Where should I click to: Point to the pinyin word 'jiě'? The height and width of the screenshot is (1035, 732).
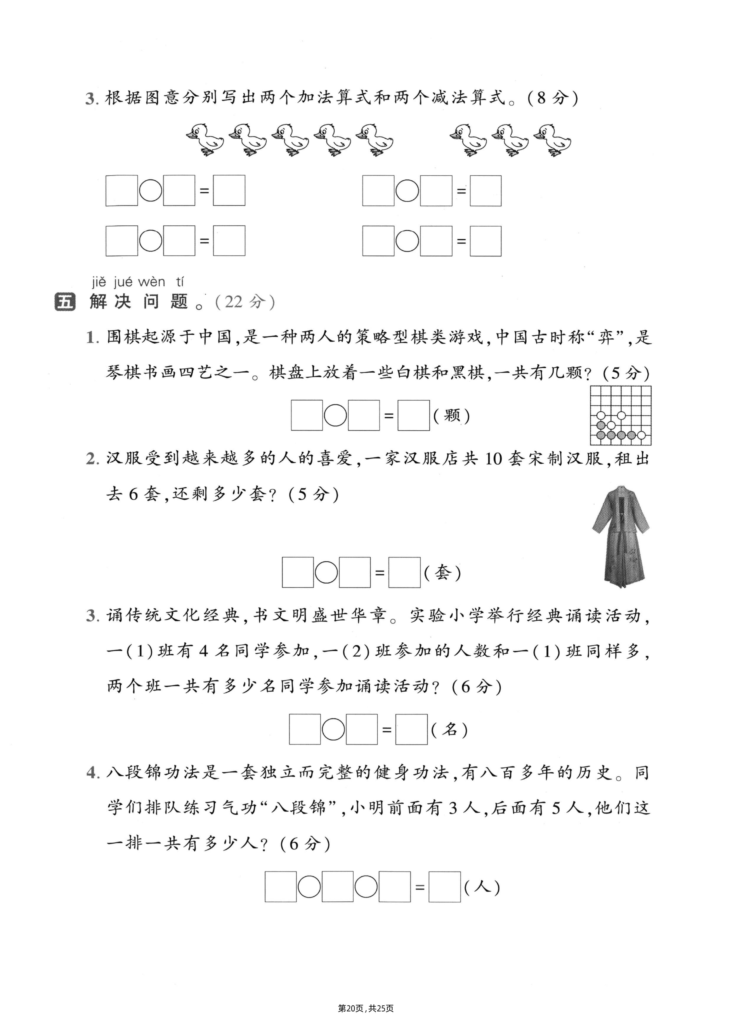click(x=99, y=282)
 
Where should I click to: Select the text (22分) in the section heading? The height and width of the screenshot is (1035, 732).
click(x=245, y=302)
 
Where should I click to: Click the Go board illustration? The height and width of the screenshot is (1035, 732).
click(x=621, y=415)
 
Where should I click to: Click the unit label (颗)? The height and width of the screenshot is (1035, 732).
click(x=451, y=415)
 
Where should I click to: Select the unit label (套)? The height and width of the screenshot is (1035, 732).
click(x=443, y=573)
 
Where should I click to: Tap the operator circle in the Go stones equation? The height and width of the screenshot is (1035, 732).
click(x=335, y=415)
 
